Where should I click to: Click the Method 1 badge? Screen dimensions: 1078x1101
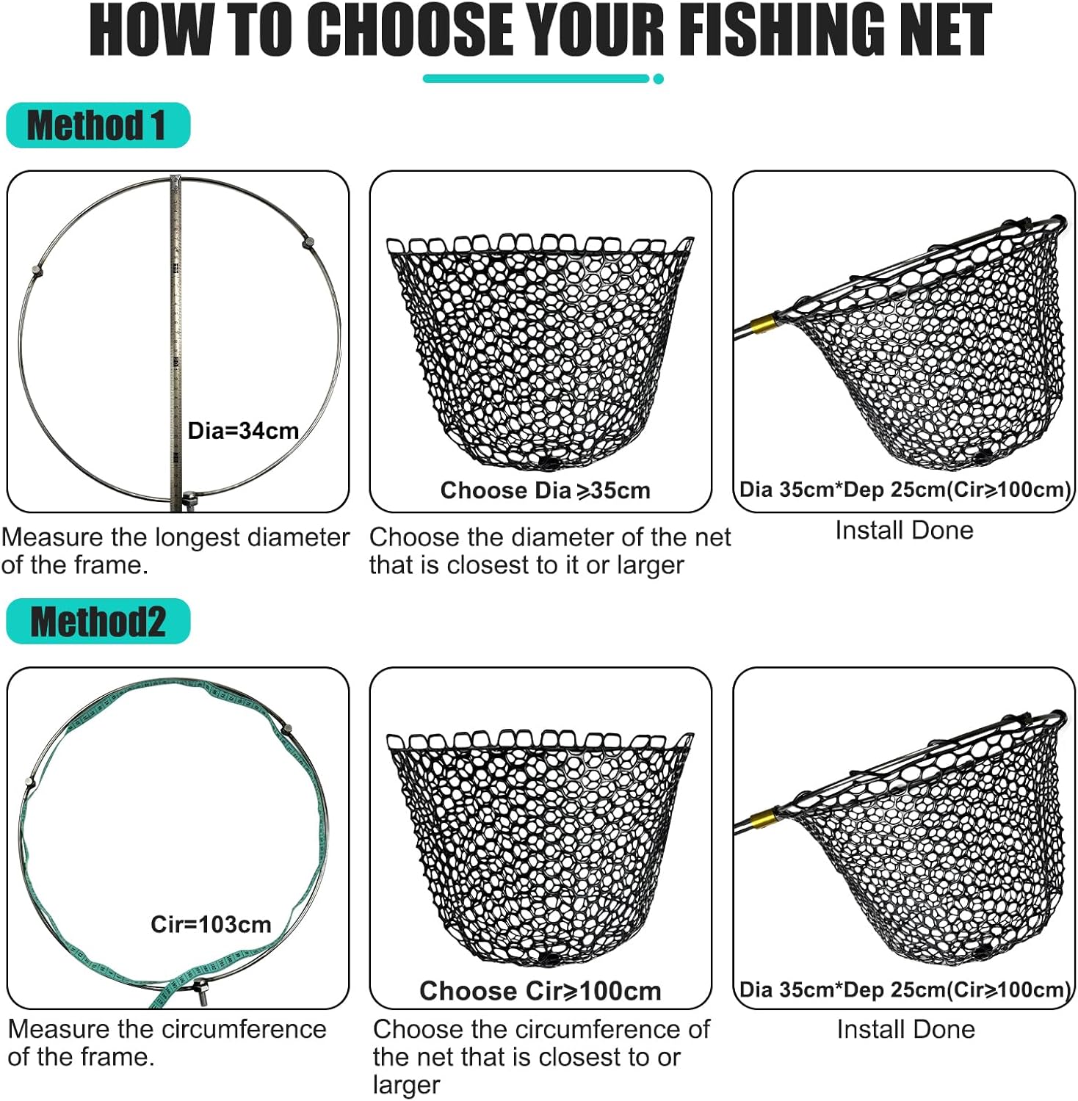click(98, 125)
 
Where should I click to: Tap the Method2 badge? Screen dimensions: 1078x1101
click(98, 621)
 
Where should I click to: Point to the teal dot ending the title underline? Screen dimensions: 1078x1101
click(658, 79)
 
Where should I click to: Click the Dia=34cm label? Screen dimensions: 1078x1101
click(243, 430)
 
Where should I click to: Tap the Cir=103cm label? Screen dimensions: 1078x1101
click(211, 923)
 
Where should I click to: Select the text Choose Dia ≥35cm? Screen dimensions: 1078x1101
click(545, 490)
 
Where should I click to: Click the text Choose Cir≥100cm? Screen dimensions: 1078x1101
click(540, 991)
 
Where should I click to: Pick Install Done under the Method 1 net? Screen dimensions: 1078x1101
click(904, 530)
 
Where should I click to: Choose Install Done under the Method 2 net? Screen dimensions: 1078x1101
click(905, 1029)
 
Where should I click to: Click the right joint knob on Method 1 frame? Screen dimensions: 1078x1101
click(308, 241)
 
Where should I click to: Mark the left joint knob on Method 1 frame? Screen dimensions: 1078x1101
click(37, 272)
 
